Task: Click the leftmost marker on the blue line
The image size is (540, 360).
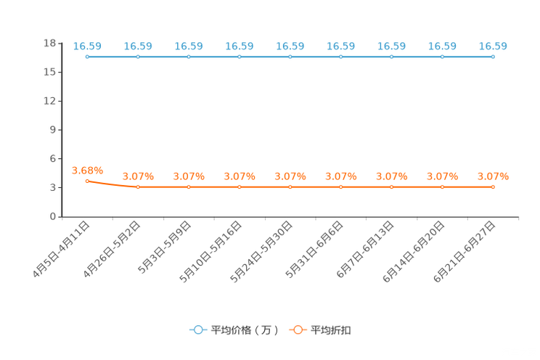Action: coord(87,57)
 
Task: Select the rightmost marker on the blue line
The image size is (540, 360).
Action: coord(493,57)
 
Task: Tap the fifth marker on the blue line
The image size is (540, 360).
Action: coord(290,57)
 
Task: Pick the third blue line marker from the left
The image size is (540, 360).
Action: coord(189,57)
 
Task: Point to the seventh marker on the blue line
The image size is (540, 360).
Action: coord(391,57)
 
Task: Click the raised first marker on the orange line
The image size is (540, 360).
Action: coord(87,181)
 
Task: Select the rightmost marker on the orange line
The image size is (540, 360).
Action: coord(493,187)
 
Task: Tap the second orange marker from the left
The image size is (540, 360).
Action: coord(138,187)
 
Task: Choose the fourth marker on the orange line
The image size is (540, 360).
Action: coord(240,187)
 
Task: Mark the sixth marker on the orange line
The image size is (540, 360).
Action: coord(341,187)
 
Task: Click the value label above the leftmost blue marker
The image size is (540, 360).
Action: coord(87,46)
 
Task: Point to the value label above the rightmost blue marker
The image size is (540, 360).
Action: coord(493,46)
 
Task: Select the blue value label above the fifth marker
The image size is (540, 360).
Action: coord(290,46)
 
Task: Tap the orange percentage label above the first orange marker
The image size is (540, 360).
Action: coord(87,170)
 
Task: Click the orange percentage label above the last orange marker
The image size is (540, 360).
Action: coord(493,175)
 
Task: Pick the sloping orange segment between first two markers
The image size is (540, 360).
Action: coord(112,185)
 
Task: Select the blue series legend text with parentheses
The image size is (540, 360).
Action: coord(244,330)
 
